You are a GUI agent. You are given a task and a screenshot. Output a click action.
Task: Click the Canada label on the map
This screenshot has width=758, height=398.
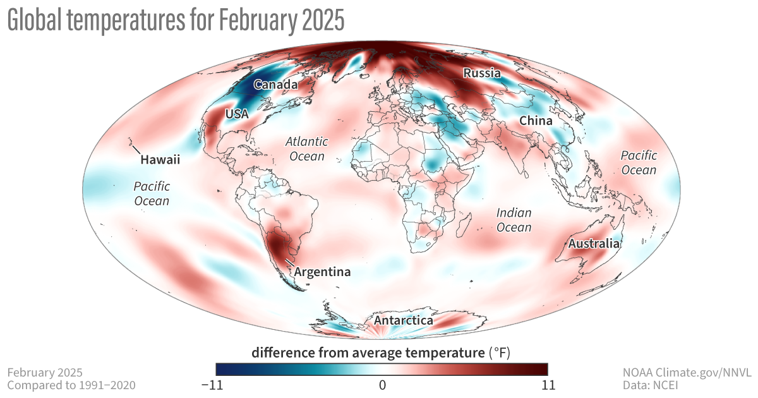(x=275, y=85)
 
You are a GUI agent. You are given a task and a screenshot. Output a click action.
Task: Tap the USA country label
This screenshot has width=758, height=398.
(x=237, y=114)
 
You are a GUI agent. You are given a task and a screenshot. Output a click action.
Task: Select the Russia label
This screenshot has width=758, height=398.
(x=482, y=73)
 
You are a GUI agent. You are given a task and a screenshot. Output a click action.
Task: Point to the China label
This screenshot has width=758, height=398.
(x=536, y=121)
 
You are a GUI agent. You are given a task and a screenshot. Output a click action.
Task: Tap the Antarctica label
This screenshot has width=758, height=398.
(x=403, y=321)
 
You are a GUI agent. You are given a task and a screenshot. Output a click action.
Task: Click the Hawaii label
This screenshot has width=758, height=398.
(x=160, y=160)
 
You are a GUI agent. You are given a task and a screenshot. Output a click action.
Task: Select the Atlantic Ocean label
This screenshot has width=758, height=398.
(x=304, y=148)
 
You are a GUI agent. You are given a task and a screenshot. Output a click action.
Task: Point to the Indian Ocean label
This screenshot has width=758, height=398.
(x=514, y=220)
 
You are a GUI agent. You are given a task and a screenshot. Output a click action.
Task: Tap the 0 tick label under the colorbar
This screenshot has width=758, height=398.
(x=382, y=384)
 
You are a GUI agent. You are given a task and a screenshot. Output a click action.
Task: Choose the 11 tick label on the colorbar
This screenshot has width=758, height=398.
(x=547, y=384)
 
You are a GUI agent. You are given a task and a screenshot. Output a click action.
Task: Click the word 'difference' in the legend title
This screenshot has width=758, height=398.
(x=281, y=353)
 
